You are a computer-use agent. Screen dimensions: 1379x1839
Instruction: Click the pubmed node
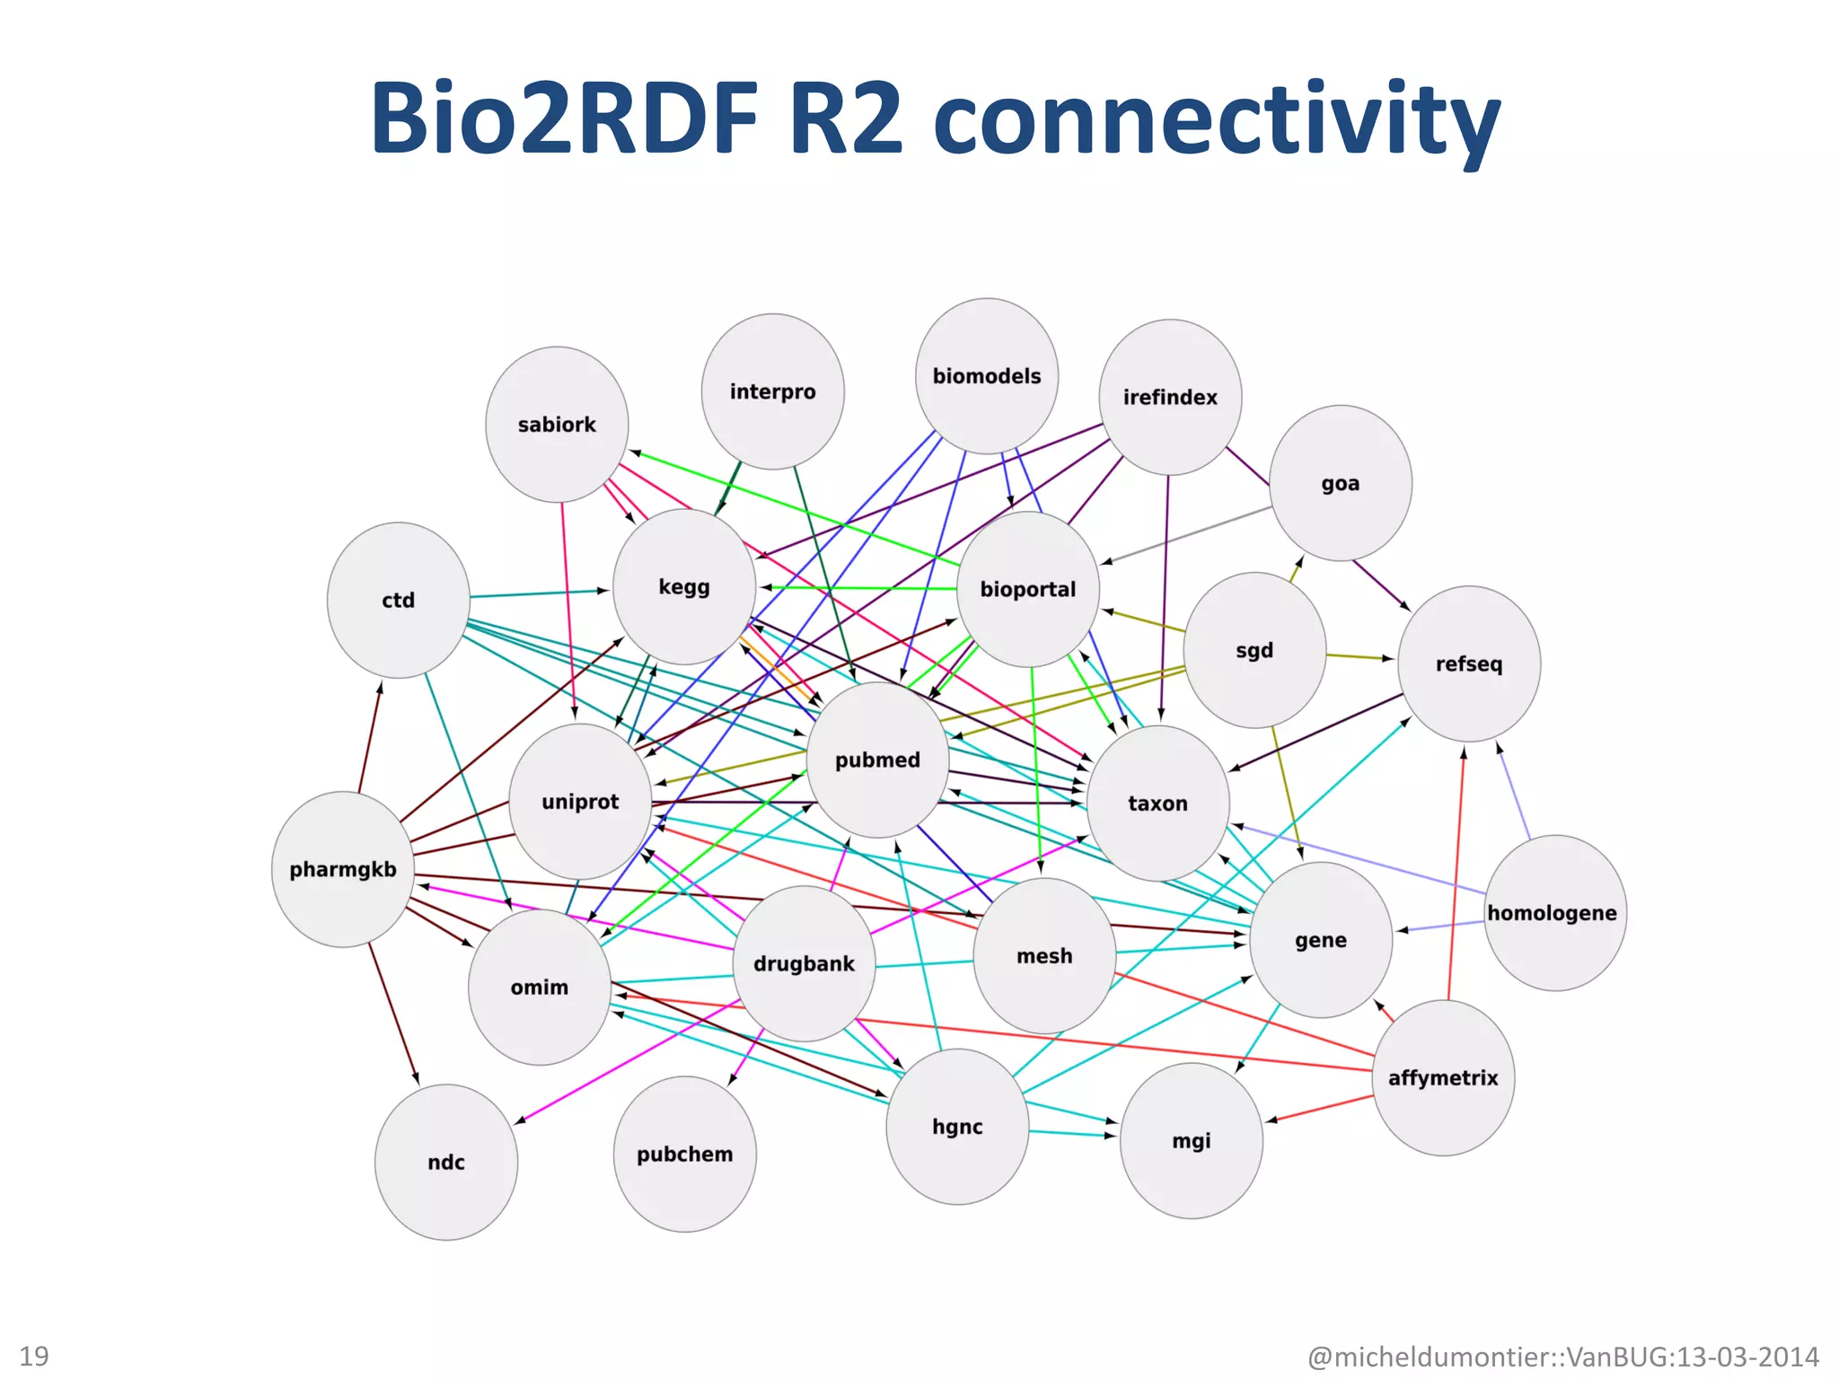[877, 760]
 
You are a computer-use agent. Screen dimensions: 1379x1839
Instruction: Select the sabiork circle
[557, 425]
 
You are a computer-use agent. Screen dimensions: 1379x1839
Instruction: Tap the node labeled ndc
[446, 1162]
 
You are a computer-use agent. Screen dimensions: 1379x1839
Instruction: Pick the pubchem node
[684, 1154]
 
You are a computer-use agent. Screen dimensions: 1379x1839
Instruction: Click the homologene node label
[1552, 913]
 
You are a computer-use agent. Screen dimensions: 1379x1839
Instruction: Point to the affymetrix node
[1443, 1077]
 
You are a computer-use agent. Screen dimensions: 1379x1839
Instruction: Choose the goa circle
[1340, 483]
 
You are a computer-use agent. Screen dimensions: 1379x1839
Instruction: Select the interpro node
[772, 391]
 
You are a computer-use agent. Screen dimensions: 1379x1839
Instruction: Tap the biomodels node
[987, 376]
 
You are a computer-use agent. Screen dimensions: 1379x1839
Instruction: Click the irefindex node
[1170, 397]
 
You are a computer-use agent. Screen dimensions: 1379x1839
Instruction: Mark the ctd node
[399, 600]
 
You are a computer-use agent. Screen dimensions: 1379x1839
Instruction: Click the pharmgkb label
[343, 869]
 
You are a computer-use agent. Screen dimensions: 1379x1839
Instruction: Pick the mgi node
[1192, 1140]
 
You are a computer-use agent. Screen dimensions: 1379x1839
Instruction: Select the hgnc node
[957, 1126]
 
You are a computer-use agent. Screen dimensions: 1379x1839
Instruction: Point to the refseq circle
[1469, 663]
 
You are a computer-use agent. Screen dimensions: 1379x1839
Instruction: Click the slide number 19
[34, 1356]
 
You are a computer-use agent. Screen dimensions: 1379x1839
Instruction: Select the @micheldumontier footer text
[1562, 1356]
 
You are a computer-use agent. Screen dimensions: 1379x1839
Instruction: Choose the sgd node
[1254, 650]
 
